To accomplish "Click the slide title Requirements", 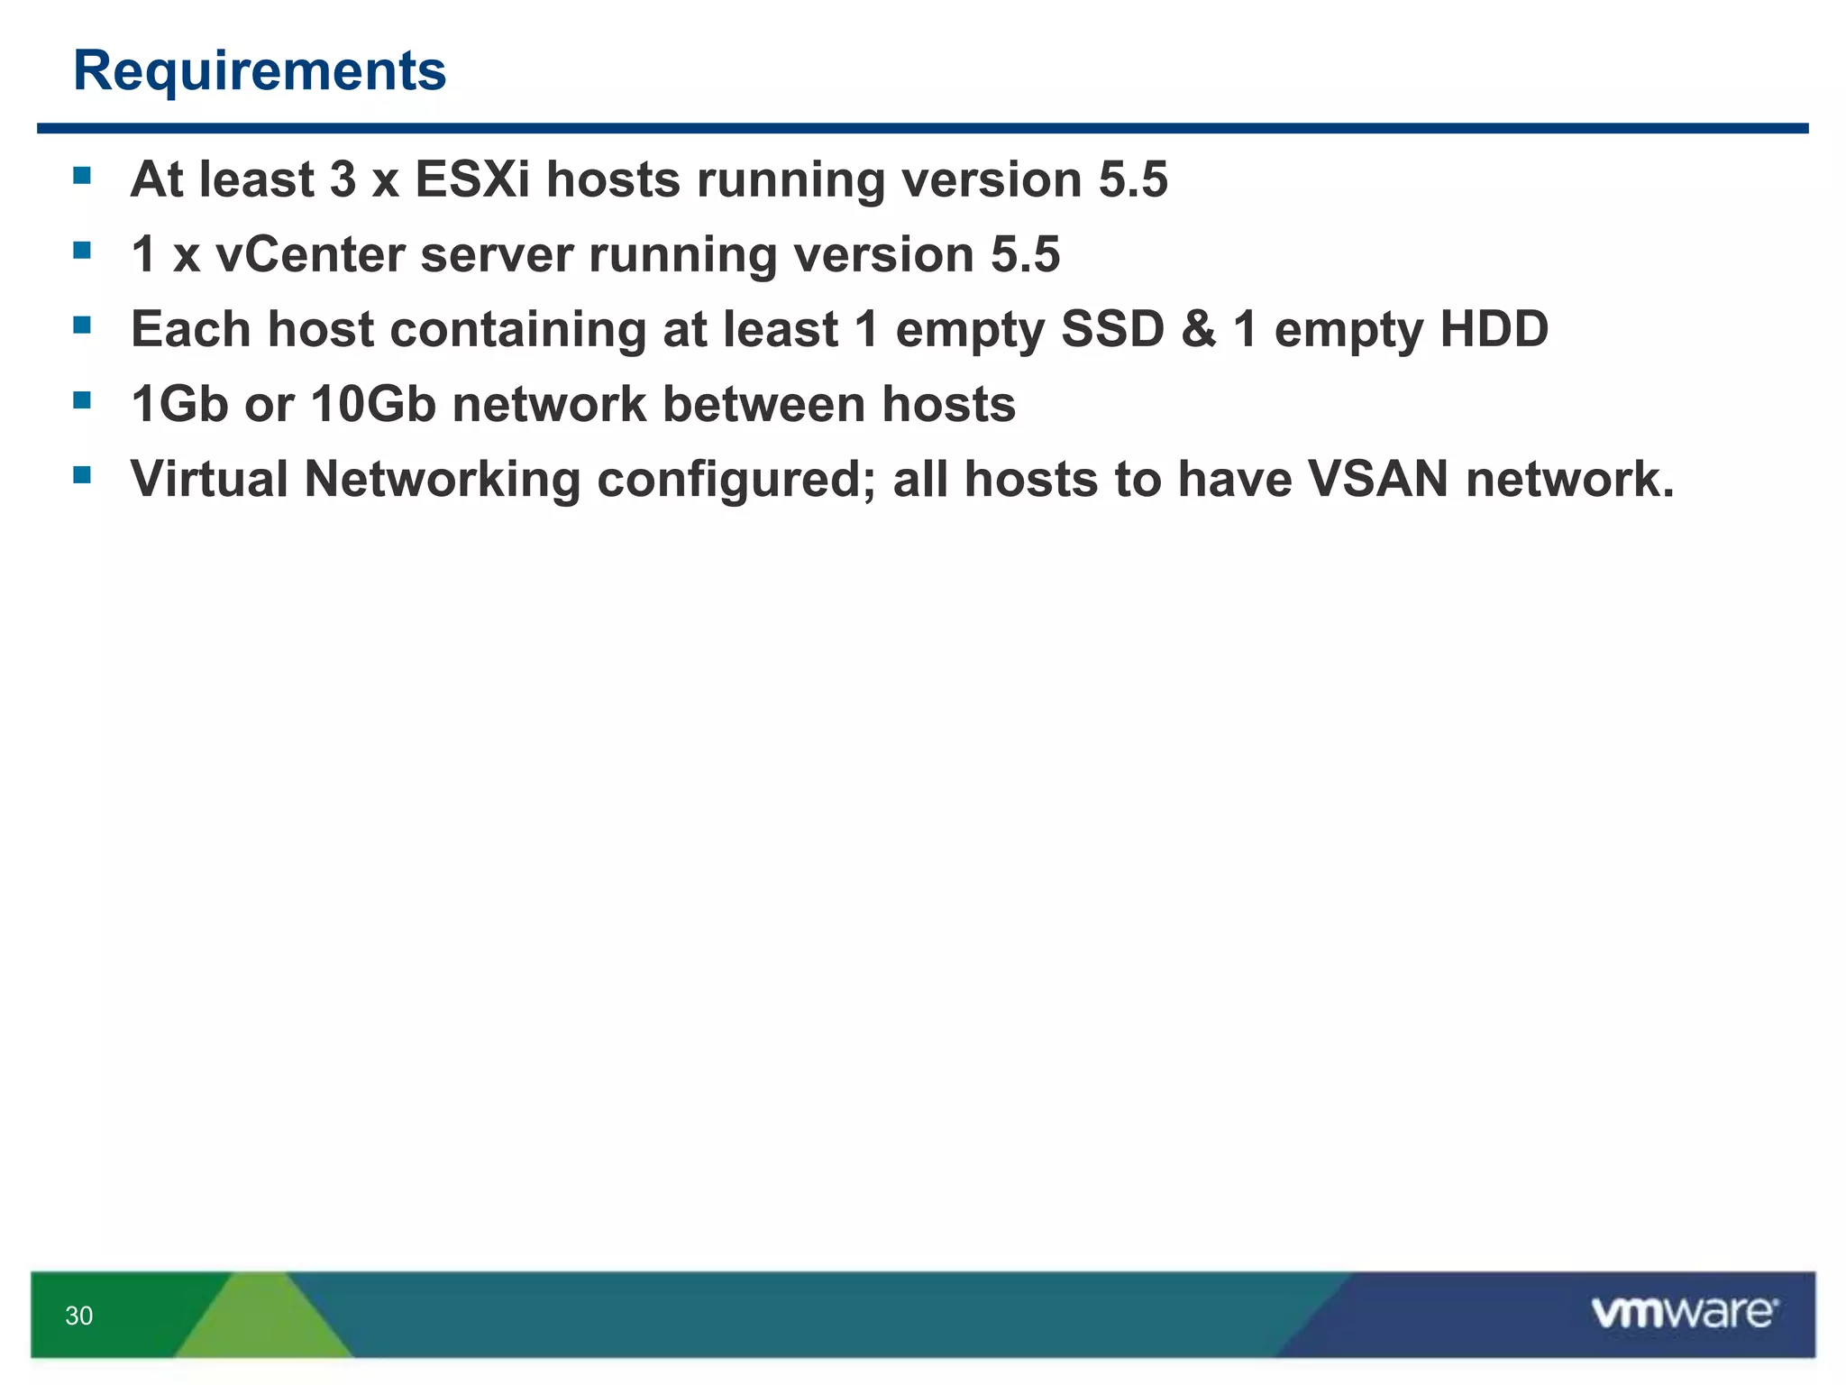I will point(260,70).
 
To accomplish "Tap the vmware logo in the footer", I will point(1684,1313).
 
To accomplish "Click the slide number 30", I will point(79,1316).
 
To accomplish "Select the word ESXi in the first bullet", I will point(472,179).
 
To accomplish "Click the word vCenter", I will point(310,254).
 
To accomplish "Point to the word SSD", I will point(1112,329).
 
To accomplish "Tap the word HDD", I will point(1494,329).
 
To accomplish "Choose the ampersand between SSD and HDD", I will point(1199,329).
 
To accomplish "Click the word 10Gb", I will point(373,404).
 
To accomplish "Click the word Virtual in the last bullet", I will point(209,479).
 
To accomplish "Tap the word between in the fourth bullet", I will point(763,404).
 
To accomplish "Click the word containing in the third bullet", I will point(518,329).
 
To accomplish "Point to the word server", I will point(497,254).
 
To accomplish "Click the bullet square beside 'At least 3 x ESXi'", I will point(82,175).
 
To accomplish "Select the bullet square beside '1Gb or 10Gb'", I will point(82,399).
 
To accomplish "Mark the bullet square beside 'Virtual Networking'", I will point(82,474).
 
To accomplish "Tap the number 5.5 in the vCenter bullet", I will point(1025,254).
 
